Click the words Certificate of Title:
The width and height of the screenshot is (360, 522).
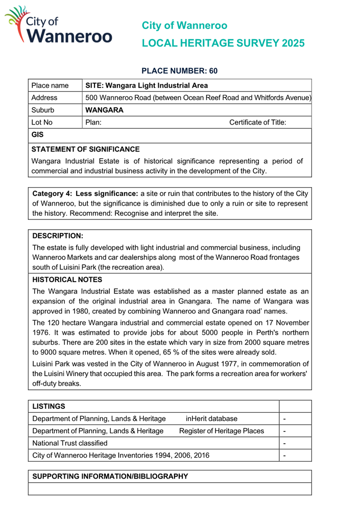(257, 122)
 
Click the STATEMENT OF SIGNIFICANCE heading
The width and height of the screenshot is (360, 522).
(85, 150)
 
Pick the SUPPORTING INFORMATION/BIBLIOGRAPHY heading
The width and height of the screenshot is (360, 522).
(110, 476)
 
